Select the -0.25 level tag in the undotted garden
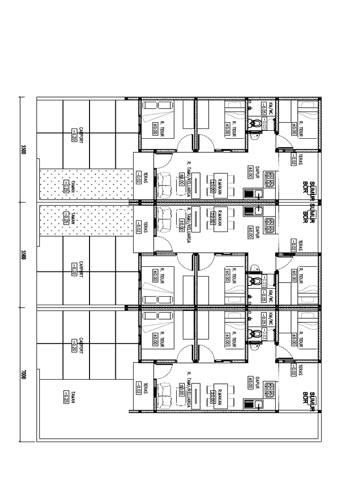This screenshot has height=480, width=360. [x=66, y=397]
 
